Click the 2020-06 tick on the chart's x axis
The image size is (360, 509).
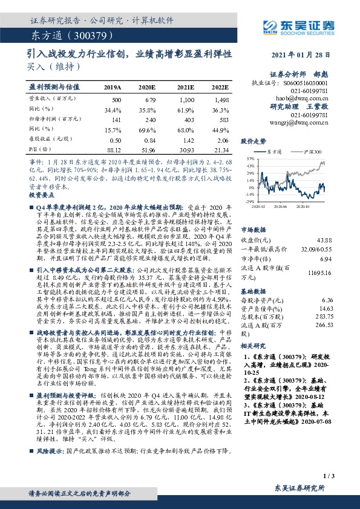click(x=280, y=206)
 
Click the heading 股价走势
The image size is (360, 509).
click(x=253, y=140)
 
